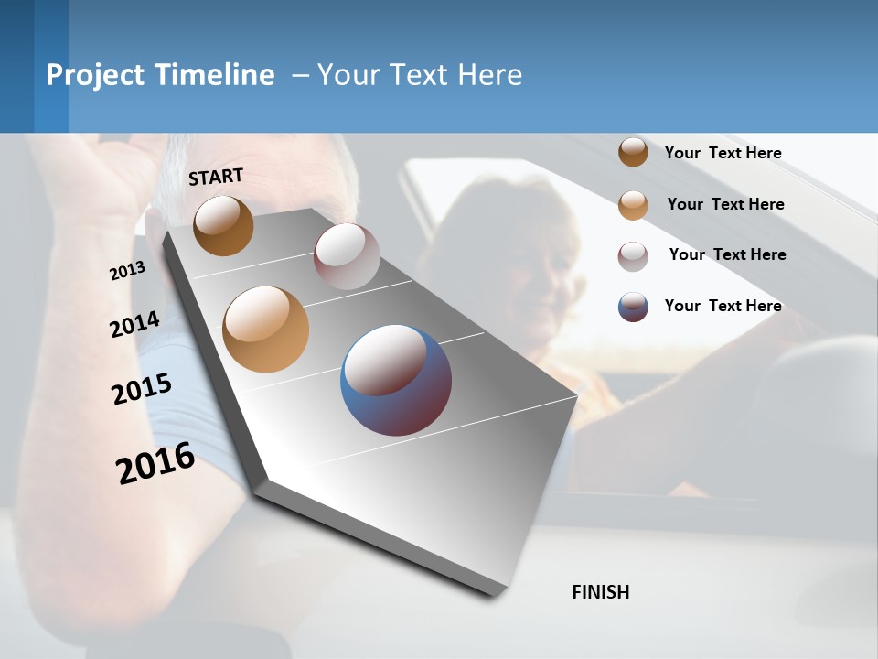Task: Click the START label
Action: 216,177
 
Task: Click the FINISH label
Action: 600,592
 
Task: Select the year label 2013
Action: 127,271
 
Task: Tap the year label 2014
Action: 134,324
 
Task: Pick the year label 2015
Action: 142,389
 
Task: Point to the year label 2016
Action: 155,463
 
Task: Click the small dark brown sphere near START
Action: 223,226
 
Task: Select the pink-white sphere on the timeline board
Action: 347,256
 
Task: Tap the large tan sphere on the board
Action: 266,329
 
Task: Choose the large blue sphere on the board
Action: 396,380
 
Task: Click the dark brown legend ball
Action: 633,152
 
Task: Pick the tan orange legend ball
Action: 633,205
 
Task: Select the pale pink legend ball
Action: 633,256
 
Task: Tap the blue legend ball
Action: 633,307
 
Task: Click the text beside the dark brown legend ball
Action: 723,153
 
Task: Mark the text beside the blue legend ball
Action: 723,306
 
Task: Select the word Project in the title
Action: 97,75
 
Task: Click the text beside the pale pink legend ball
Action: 727,254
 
